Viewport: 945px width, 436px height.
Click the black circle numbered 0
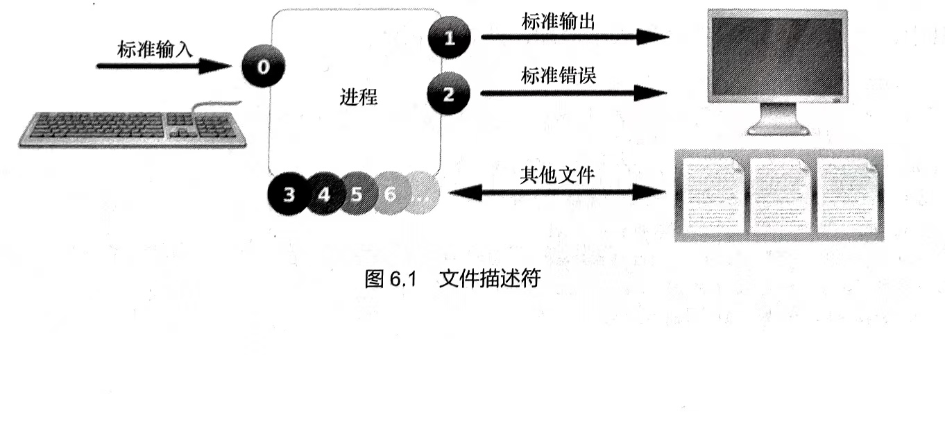(x=263, y=67)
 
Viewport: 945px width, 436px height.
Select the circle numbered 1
(x=449, y=37)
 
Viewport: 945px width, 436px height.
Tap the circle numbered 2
(x=448, y=94)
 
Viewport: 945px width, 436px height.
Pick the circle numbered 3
(x=289, y=194)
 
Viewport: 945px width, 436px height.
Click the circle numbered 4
(x=323, y=194)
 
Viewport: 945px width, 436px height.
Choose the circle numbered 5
(x=356, y=194)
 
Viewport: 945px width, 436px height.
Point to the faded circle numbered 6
(x=389, y=194)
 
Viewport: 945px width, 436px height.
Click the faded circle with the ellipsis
(x=422, y=194)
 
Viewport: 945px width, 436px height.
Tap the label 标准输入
(x=153, y=50)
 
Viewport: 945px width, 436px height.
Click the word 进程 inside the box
(x=359, y=97)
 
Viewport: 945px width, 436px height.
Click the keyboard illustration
(x=132, y=130)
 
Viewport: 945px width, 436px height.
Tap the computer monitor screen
(x=776, y=55)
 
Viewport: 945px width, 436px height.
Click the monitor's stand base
(x=776, y=128)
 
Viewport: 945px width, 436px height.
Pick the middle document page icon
(x=780, y=195)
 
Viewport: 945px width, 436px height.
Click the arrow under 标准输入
(x=164, y=67)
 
